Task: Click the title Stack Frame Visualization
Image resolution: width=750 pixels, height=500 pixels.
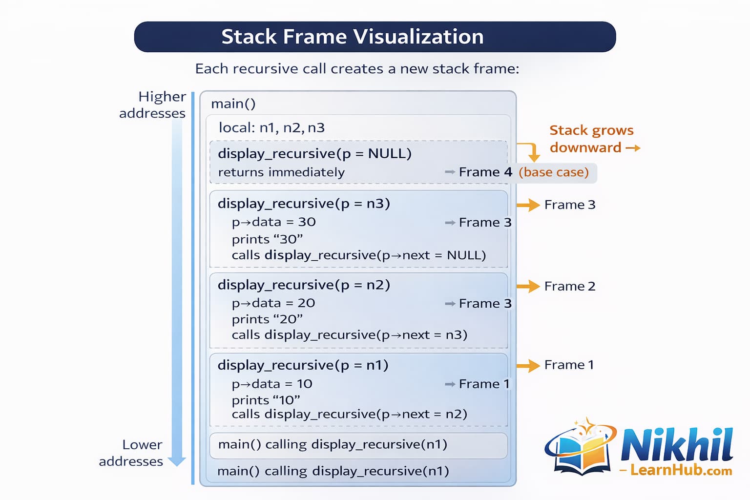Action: coord(352,37)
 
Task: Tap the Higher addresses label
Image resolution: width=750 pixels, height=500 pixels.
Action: coord(153,104)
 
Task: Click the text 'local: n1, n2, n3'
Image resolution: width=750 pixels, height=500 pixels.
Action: coord(271,128)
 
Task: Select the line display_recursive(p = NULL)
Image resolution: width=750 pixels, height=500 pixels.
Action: coord(314,153)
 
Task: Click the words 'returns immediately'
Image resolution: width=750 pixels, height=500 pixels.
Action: coord(281,172)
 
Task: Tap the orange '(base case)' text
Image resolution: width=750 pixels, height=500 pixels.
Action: coord(553,172)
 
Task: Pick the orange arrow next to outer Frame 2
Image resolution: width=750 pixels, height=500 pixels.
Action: coord(528,286)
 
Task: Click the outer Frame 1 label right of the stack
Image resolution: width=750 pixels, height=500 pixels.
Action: coord(569,365)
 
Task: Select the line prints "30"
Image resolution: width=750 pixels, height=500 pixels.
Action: coord(267,239)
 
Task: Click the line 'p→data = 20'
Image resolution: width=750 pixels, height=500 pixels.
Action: coord(273,303)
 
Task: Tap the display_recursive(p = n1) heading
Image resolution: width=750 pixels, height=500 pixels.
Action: coord(303,365)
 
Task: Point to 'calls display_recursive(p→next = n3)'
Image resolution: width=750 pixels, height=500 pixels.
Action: coord(349,335)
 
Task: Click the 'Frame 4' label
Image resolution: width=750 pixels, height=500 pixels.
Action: coord(485,172)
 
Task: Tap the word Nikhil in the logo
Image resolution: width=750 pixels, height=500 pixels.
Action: coord(677,444)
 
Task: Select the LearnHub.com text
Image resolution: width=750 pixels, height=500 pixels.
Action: coord(681,470)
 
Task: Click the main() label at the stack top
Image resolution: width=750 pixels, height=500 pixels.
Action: coord(233,104)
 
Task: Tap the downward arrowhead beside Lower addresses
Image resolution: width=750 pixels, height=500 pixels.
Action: coord(176,460)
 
